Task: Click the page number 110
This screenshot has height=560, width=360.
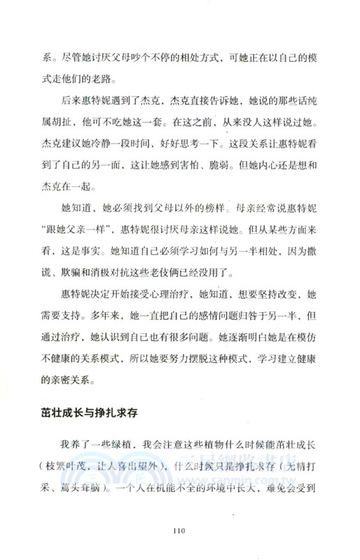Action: (x=180, y=531)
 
